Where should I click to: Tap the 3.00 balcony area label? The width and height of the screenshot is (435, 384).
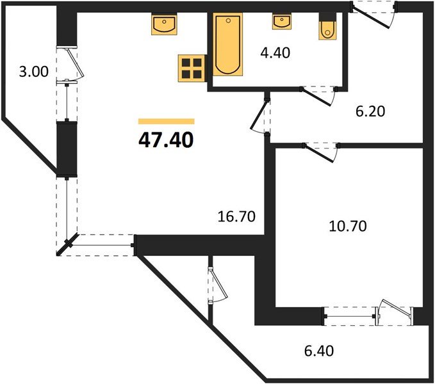pyautogui.click(x=33, y=72)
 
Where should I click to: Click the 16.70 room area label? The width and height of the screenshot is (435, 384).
pyautogui.click(x=237, y=216)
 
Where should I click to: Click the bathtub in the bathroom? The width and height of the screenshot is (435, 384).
pyautogui.click(x=227, y=45)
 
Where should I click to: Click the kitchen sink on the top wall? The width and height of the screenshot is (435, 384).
pyautogui.click(x=165, y=26)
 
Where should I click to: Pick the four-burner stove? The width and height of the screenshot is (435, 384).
pyautogui.click(x=192, y=67)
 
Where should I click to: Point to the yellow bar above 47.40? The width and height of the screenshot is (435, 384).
pyautogui.click(x=166, y=120)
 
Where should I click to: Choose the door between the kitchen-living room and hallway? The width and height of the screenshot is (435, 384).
pyautogui.click(x=261, y=115)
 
